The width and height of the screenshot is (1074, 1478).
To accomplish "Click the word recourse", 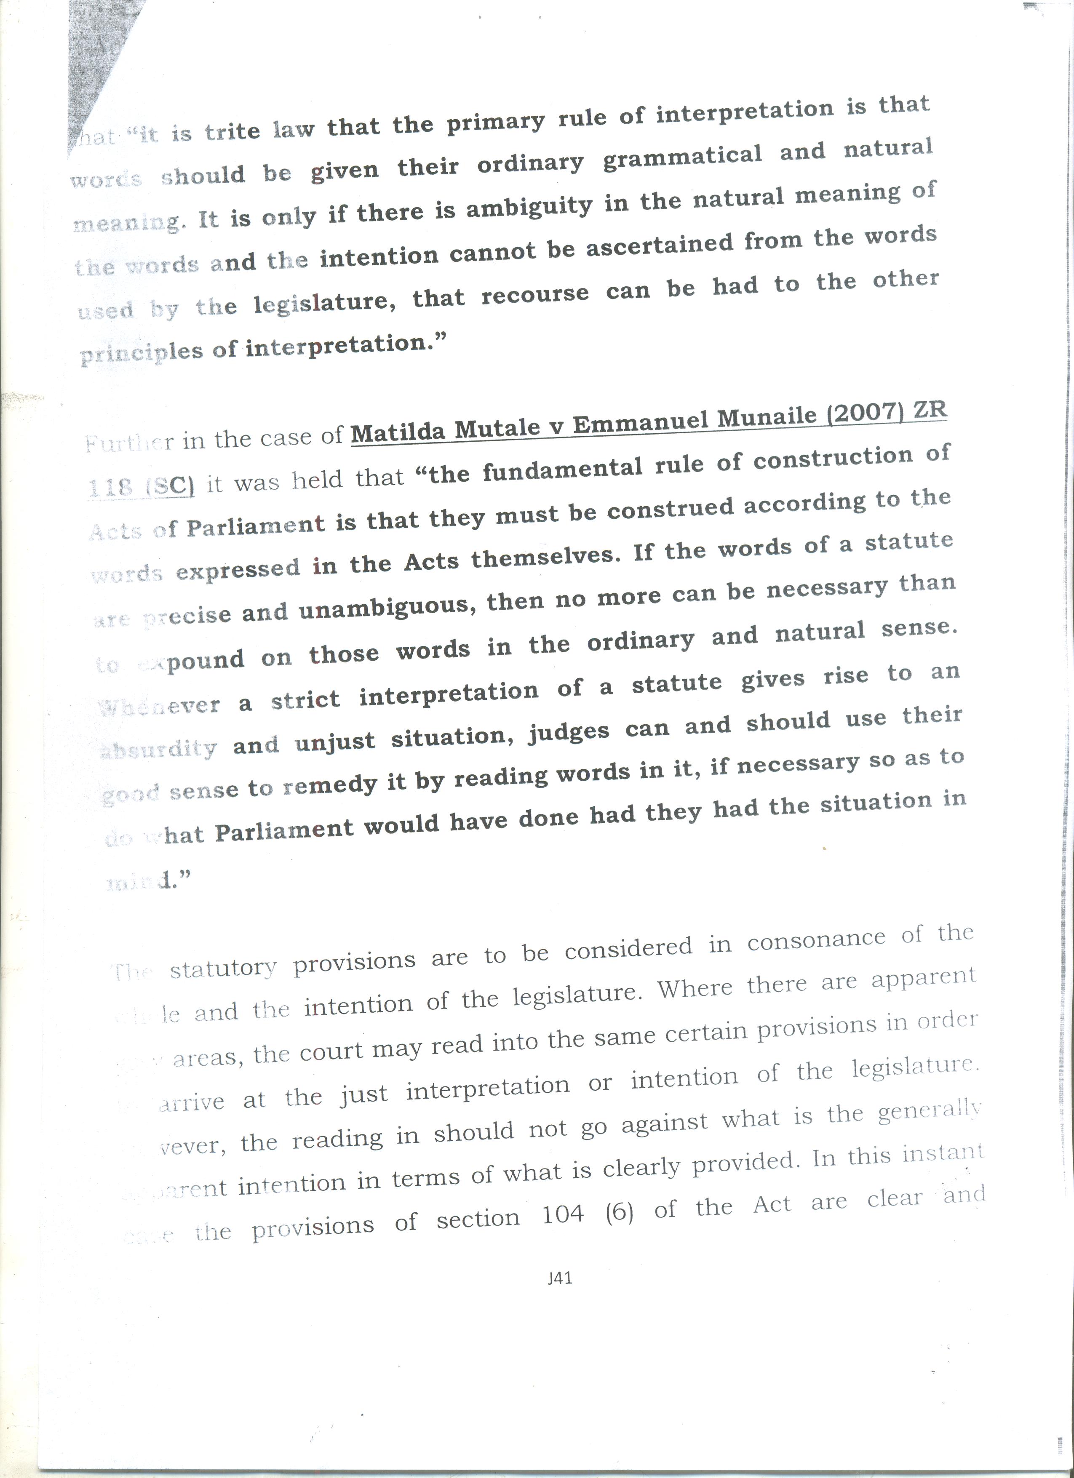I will pyautogui.click(x=536, y=295).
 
